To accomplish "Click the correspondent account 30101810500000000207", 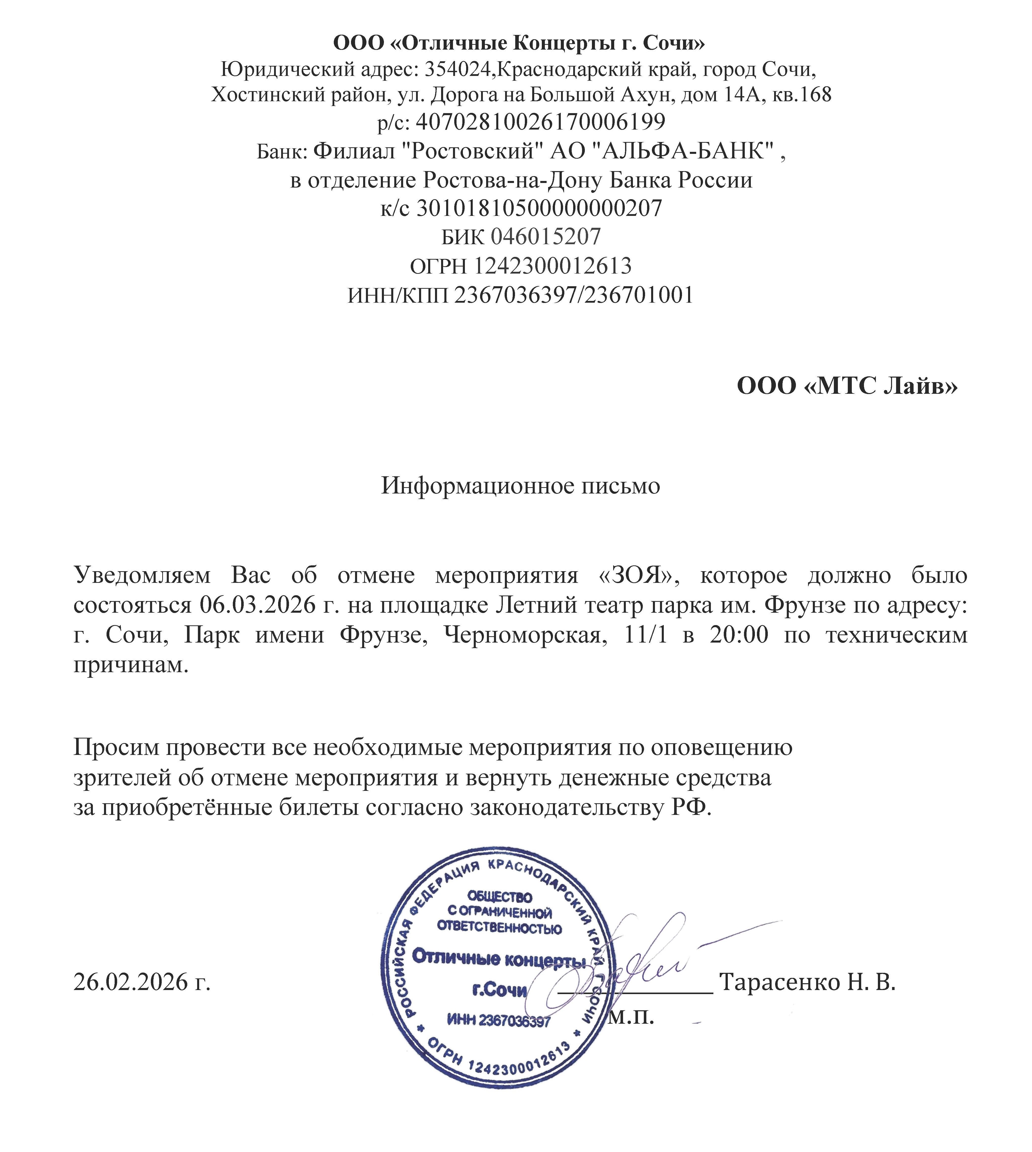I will pyautogui.click(x=539, y=208).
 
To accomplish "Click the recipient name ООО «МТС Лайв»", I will pyautogui.click(x=847, y=386).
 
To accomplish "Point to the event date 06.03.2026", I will pyautogui.click(x=257, y=605).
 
